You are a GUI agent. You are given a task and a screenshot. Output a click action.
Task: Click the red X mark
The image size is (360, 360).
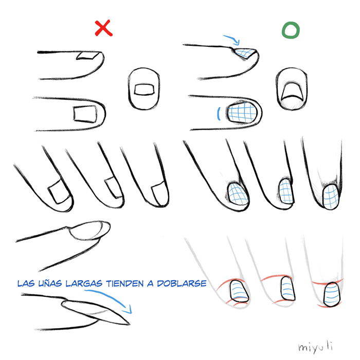103,28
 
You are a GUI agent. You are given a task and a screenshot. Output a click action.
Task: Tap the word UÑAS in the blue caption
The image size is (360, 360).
50,283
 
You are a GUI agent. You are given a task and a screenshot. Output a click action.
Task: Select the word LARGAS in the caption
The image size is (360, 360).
84,283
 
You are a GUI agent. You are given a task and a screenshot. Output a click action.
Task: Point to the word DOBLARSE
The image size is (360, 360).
182,283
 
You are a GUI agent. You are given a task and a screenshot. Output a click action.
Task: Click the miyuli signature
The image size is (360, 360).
315,347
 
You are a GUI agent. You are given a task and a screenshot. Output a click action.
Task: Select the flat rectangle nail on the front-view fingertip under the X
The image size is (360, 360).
144,89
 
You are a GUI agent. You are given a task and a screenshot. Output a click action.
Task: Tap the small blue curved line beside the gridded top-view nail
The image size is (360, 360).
219,114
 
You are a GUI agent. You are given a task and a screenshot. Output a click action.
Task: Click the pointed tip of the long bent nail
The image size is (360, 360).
130,324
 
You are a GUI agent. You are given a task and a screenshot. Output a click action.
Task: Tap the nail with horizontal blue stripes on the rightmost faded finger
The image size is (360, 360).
332,295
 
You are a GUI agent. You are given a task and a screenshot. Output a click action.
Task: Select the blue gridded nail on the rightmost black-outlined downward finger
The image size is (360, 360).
331,197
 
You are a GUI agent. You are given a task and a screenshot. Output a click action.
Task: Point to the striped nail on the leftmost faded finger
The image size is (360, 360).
239,291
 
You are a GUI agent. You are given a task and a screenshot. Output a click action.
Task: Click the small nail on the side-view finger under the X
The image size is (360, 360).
88,56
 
